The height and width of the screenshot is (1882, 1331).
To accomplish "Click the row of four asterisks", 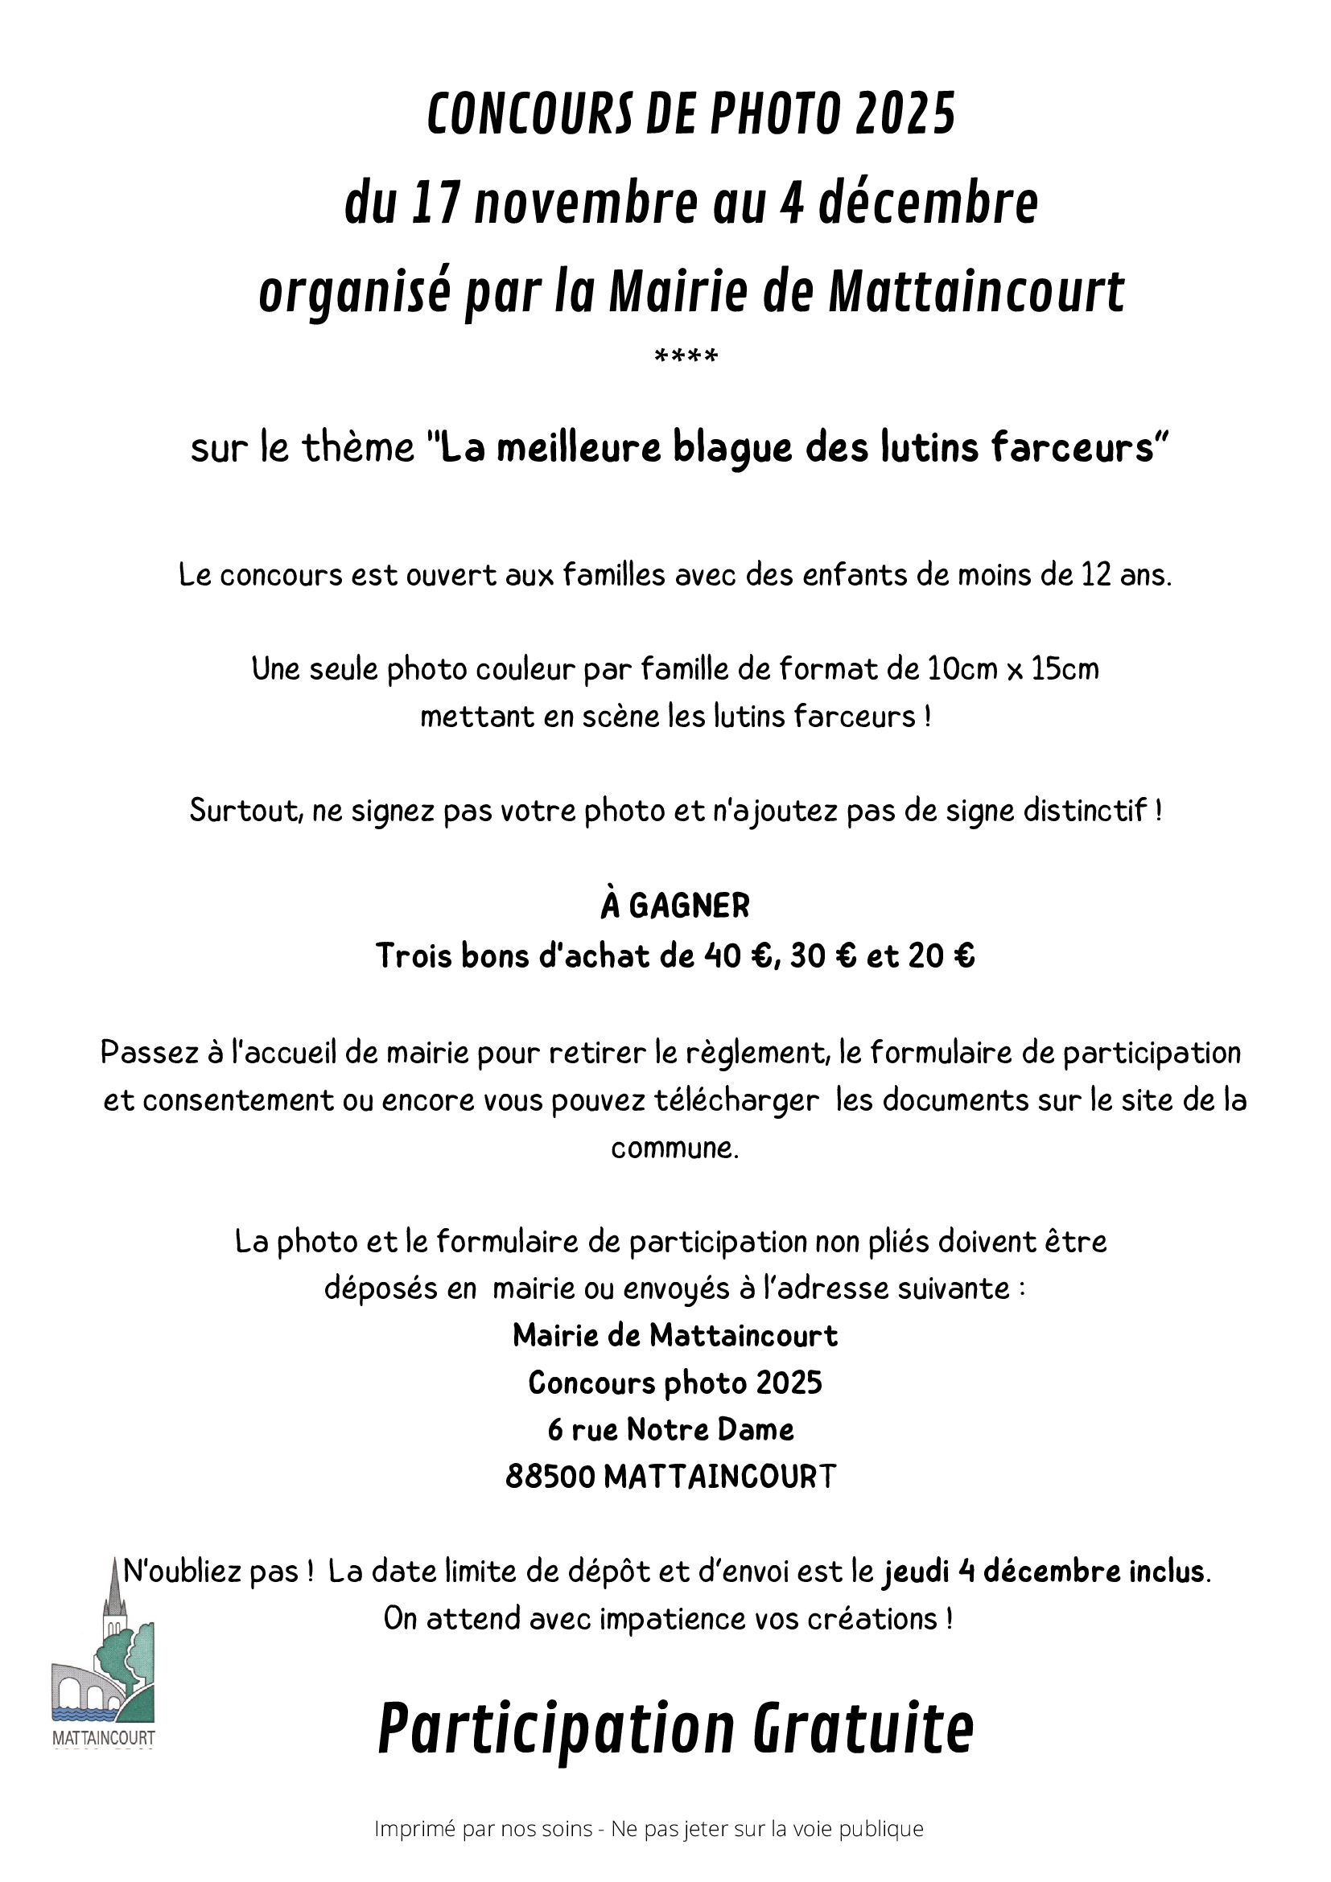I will click(686, 356).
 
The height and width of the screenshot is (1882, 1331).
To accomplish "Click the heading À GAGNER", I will click(675, 906).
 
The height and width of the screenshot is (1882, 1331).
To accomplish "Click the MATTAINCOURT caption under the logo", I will click(103, 1737).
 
